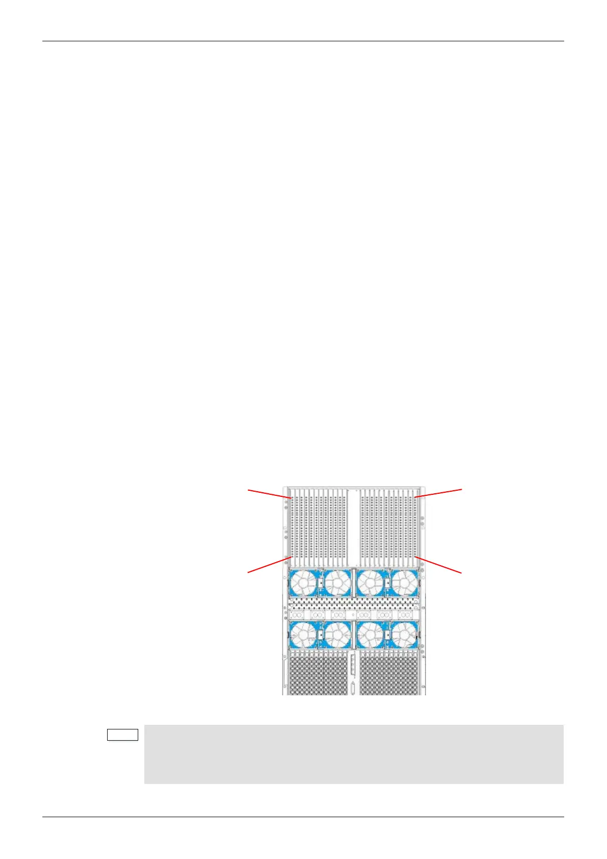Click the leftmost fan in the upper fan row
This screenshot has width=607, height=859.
coord(303,583)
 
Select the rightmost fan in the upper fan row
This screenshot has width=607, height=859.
coord(404,583)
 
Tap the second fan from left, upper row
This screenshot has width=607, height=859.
coord(337,583)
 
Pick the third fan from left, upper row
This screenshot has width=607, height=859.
coord(371,583)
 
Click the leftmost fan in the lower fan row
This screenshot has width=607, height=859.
coord(303,635)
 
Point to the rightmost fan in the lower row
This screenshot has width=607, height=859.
coord(404,635)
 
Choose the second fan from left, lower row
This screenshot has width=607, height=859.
coord(337,635)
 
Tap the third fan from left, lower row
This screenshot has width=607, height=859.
coord(371,635)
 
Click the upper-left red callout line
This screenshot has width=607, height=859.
coord(269,493)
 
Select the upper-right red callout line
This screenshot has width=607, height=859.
coord(439,493)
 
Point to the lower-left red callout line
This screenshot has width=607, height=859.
coord(269,565)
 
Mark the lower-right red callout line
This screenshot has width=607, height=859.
coord(439,565)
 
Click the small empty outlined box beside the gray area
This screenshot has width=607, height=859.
coord(122,735)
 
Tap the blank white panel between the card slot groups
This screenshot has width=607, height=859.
coord(353,525)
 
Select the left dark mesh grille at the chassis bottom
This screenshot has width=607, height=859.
coord(317,674)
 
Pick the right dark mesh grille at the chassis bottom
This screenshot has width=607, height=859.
coord(390,674)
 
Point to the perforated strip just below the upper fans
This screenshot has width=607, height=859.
coord(353,604)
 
